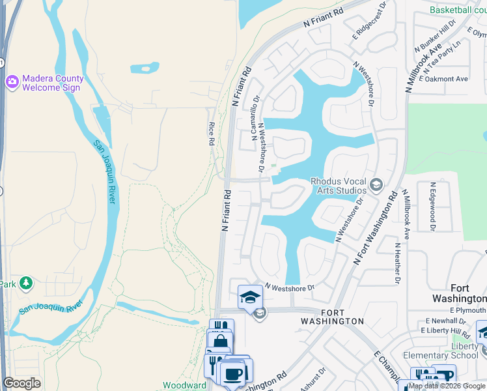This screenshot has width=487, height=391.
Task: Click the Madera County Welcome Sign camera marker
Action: point(12,82)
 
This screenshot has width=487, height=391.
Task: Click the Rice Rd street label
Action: point(212,133)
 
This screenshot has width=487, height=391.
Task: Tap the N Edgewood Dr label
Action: point(431,205)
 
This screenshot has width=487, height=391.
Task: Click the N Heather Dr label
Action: point(397,264)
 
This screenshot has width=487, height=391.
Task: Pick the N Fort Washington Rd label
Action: point(376,227)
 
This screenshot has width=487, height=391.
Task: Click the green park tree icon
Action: point(25,283)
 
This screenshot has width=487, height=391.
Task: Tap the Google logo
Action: point(21,383)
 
